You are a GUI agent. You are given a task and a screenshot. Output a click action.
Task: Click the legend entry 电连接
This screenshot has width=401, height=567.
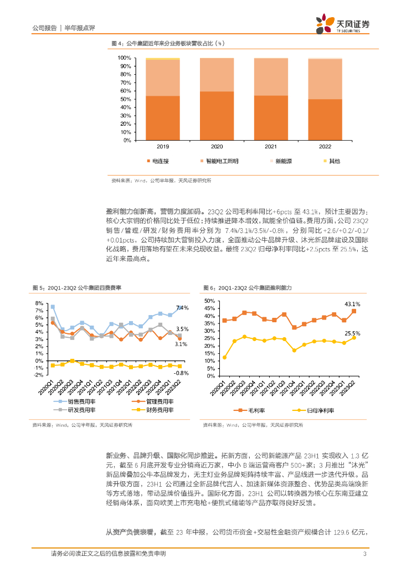coord(161,161)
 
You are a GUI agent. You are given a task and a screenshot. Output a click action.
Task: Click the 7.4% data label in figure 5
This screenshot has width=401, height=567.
coord(182,307)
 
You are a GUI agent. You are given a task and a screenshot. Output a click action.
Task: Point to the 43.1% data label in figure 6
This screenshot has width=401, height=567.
coord(352,304)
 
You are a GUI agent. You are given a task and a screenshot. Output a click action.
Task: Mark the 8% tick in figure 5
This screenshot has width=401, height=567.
coord(39,303)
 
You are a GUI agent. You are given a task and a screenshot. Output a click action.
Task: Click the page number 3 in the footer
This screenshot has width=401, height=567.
coord(364,553)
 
